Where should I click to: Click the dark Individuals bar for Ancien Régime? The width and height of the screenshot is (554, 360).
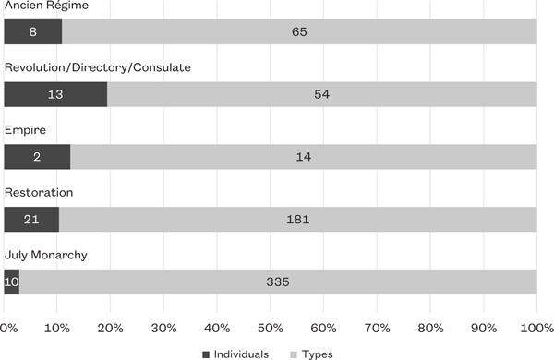pos(32,31)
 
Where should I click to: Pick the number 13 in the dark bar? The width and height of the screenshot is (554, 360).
pos(54,94)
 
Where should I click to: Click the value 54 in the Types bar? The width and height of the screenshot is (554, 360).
pos(321,94)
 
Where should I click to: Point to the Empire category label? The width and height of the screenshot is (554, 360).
pos(25,131)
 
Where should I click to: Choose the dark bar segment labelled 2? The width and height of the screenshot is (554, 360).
pos(36,157)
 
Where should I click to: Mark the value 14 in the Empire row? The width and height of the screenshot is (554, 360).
pos(303,157)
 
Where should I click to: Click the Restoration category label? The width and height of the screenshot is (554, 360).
pos(38,193)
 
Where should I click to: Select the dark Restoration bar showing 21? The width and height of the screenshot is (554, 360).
pos(31,220)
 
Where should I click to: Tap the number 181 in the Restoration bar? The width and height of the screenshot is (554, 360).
pos(297,220)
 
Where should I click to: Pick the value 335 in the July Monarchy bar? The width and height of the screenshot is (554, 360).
pos(277,282)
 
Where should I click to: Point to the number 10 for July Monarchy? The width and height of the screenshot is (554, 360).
pos(11,282)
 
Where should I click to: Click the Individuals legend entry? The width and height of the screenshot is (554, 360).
pos(235,354)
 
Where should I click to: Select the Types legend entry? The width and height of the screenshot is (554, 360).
pos(311,354)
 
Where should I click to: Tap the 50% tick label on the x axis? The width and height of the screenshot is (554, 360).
pos(269,328)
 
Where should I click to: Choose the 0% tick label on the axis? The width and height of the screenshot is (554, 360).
pos(9,328)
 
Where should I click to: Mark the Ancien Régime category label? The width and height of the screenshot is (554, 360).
pos(42,6)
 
